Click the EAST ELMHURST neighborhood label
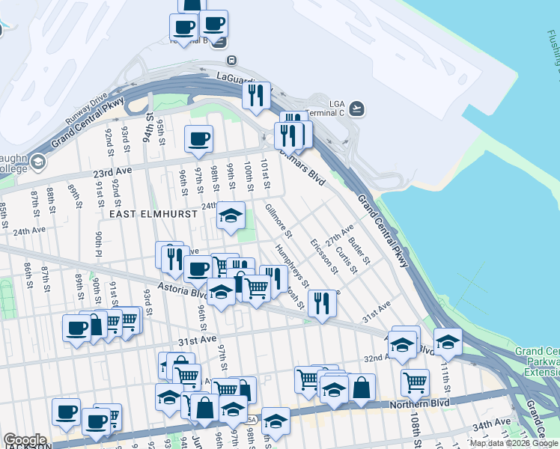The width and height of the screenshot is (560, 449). pyautogui.click(x=153, y=213)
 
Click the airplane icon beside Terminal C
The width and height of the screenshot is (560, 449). pyautogui.click(x=358, y=109)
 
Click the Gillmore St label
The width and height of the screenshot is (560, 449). pyautogui.click(x=277, y=216)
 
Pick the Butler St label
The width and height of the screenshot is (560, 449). pyautogui.click(x=360, y=249)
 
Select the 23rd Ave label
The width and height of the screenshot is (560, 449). pyautogui.click(x=108, y=171)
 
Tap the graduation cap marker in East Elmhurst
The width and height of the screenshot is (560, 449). pyautogui.click(x=231, y=216)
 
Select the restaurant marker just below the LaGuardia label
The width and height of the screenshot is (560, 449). pyautogui.click(x=257, y=95)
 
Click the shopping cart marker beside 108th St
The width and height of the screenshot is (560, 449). pyautogui.click(x=415, y=383)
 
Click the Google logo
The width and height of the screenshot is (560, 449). pyautogui.click(x=25, y=440)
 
